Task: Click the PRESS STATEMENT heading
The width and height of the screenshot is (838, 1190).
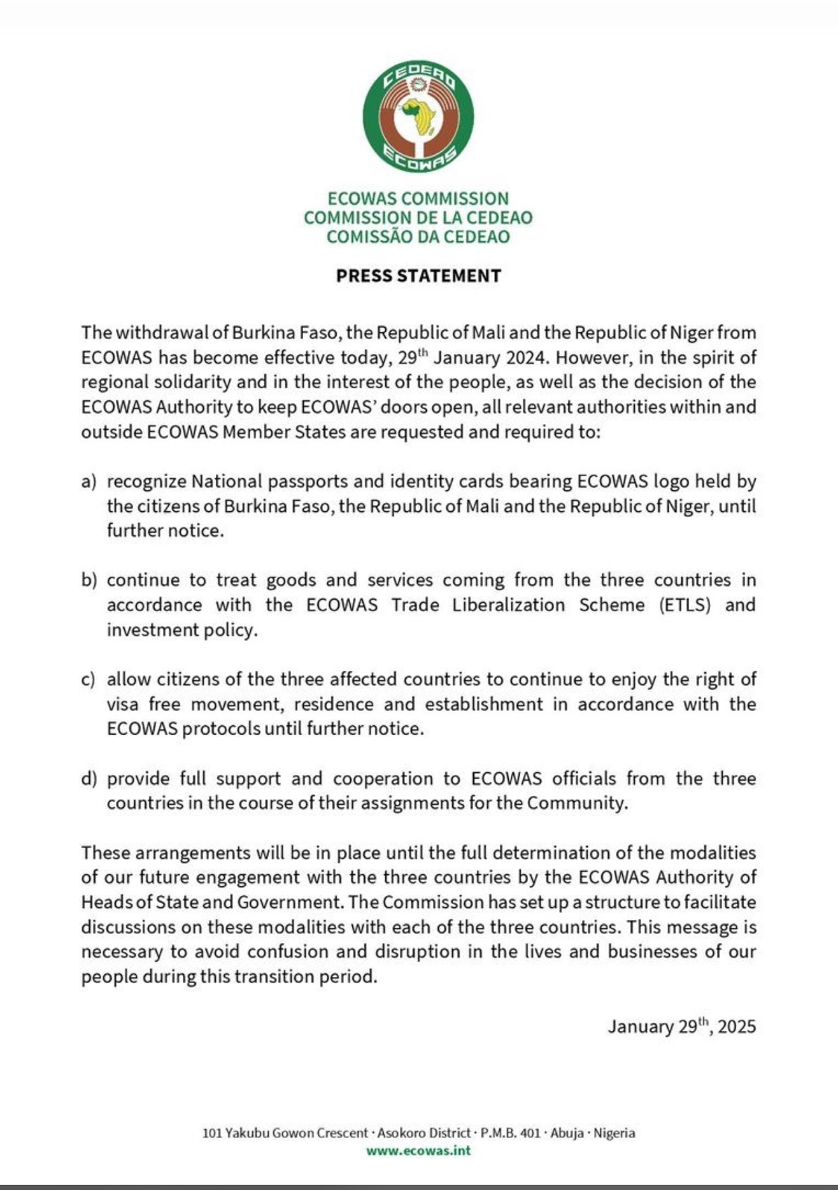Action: tap(418, 276)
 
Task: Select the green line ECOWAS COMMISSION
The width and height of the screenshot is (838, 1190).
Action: tap(418, 199)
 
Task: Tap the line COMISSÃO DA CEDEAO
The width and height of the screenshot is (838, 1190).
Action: tap(418, 236)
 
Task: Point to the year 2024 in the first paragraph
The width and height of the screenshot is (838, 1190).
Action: tap(525, 357)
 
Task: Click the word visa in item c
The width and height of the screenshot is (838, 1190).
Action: tap(124, 704)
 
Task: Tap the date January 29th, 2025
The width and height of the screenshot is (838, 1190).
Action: tap(682, 1026)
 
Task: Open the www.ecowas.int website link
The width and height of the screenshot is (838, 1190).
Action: tap(418, 1151)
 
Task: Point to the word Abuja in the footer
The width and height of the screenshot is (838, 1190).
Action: tap(567, 1133)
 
